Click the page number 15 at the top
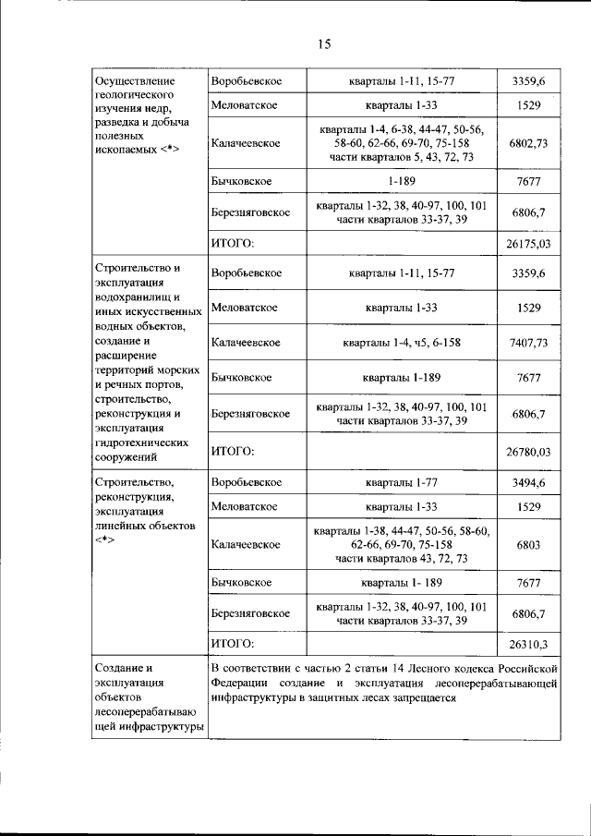point(324,42)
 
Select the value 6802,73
point(528,144)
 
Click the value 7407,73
point(528,342)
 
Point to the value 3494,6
point(528,482)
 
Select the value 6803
point(528,545)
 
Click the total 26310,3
point(528,644)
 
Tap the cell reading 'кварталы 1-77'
point(402,482)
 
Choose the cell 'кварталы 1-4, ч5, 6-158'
point(402,342)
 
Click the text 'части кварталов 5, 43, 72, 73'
point(402,158)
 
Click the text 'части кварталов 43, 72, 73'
point(402,559)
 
